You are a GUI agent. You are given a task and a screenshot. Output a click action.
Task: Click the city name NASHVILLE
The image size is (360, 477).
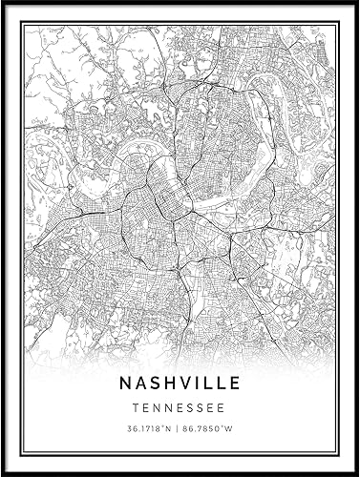point(180,383)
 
